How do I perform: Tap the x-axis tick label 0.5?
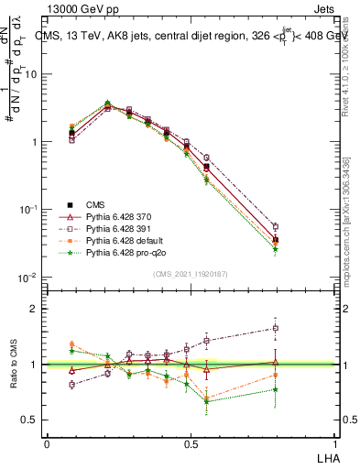(x=191, y=443)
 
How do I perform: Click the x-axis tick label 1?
(x=334, y=443)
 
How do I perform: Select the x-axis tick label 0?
(x=47, y=443)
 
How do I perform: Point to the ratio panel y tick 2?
(x=34, y=310)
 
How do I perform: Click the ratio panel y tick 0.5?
(x=29, y=420)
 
